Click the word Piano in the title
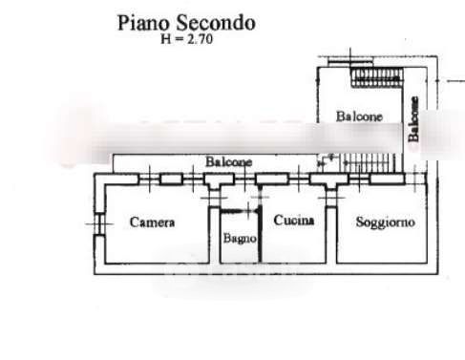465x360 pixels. (144, 23)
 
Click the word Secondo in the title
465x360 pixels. (216, 23)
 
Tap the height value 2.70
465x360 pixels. (200, 39)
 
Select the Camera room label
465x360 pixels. (152, 222)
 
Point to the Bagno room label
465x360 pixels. (240, 238)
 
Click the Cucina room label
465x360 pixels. (294, 221)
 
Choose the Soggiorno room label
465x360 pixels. (386, 222)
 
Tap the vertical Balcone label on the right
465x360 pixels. (413, 119)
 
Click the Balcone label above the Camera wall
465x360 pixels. (228, 161)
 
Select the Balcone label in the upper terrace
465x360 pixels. (359, 116)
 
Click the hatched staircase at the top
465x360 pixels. (376, 77)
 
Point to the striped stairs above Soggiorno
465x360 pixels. (370, 163)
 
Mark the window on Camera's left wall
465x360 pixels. (99, 224)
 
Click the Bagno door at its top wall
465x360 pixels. (240, 211)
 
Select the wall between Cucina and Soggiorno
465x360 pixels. (331, 236)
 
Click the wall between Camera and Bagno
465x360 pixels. (215, 235)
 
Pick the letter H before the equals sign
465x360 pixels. (166, 39)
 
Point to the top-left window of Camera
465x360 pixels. (149, 180)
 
